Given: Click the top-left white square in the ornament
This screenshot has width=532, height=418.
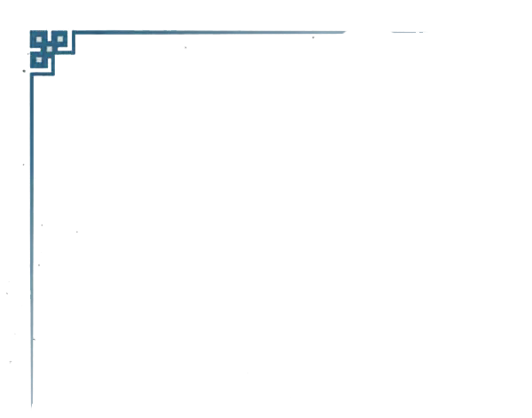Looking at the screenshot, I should click(38, 39).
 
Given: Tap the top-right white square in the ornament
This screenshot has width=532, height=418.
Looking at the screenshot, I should click(59, 39).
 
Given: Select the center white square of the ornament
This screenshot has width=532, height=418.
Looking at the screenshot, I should click(49, 49).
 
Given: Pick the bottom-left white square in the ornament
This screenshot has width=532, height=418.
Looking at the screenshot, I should click(38, 60).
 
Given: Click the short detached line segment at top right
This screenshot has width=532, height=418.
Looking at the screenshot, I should click(409, 32).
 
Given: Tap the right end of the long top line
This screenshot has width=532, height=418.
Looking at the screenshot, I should click(347, 32).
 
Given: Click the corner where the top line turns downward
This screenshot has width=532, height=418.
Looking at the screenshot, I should click(74, 33).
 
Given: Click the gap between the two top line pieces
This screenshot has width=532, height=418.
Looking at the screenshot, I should click(369, 32).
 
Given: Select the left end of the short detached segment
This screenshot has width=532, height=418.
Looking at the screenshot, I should click(391, 32).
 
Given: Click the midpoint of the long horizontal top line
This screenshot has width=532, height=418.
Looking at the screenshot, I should click(211, 33).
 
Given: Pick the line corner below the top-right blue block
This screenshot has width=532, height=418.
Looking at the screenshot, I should click(74, 53).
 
